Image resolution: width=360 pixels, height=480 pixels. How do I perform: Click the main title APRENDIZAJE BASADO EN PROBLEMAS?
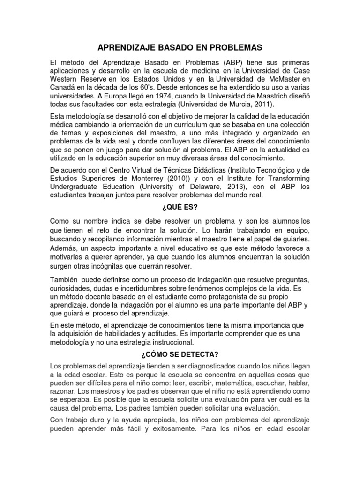(180, 47)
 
